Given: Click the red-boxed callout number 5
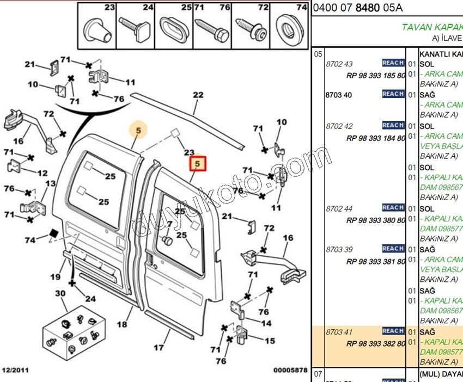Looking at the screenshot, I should pos(197,163).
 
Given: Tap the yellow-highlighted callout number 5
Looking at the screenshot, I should pos(138,131).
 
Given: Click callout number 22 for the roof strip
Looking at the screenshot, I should pos(198,95).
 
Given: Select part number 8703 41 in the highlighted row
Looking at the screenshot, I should pos(339,331).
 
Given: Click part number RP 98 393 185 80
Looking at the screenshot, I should pos(375,76).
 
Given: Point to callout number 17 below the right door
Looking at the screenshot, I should pos(159,348).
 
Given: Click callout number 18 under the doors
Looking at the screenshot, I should pos(122,324).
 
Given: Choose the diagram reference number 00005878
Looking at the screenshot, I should pos(290,371).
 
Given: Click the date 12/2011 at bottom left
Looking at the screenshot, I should pos(16,371).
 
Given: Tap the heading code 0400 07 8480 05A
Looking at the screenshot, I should pos(358,8).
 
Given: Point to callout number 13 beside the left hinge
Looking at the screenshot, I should pos(50,184).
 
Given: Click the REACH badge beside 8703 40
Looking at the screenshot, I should pos(393,94).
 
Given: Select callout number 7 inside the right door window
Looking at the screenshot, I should pos(169,224).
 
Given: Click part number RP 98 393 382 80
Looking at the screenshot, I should pos(375,343).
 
